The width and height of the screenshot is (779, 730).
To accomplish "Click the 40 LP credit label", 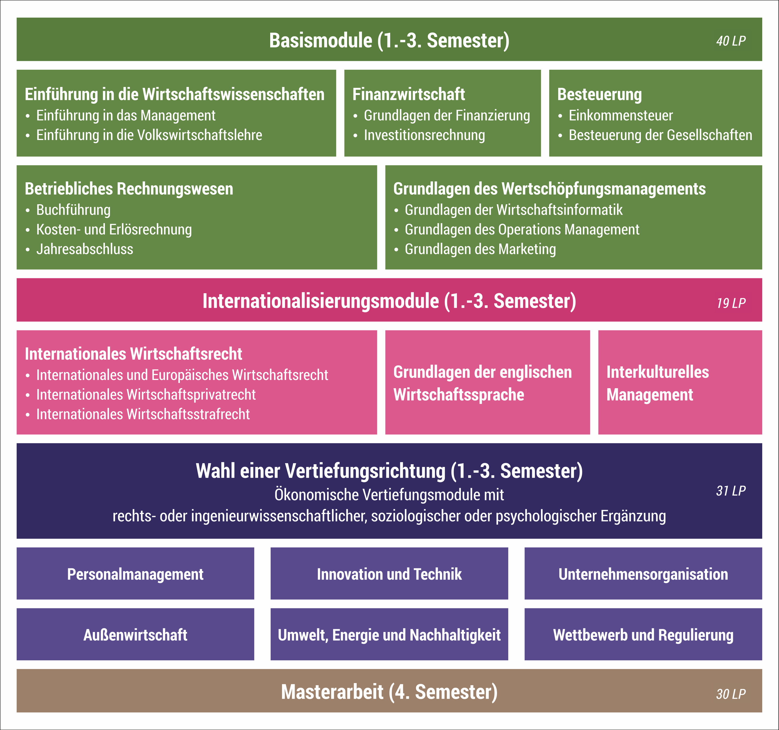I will click(731, 41).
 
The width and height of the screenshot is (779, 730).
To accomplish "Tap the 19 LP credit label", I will click(731, 303).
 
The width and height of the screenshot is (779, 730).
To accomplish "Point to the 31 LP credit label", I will click(731, 491).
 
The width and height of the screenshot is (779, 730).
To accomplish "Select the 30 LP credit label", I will click(731, 694).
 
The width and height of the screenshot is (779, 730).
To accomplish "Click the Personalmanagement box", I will click(135, 574).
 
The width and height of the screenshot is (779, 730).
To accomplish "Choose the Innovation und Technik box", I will click(389, 574).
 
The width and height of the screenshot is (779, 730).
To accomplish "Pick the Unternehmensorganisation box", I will click(643, 574).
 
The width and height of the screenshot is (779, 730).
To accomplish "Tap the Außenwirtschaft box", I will click(135, 635).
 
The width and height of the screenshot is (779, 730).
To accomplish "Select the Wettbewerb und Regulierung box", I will click(643, 635).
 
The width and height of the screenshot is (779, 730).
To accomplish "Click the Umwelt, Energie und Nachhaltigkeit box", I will click(389, 635).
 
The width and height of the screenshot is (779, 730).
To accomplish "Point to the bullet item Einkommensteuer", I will click(620, 116).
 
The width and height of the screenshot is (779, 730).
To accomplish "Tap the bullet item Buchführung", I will click(73, 210).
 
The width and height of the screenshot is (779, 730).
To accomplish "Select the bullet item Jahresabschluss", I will click(85, 249).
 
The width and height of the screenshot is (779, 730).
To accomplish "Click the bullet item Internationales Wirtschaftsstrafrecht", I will click(143, 414).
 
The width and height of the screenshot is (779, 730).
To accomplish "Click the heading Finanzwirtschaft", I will click(408, 94).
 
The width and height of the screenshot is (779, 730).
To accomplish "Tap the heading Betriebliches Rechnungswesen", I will click(129, 189).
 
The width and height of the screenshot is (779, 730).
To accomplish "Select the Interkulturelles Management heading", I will click(658, 383).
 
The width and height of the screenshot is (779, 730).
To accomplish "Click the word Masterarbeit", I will click(332, 692).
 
